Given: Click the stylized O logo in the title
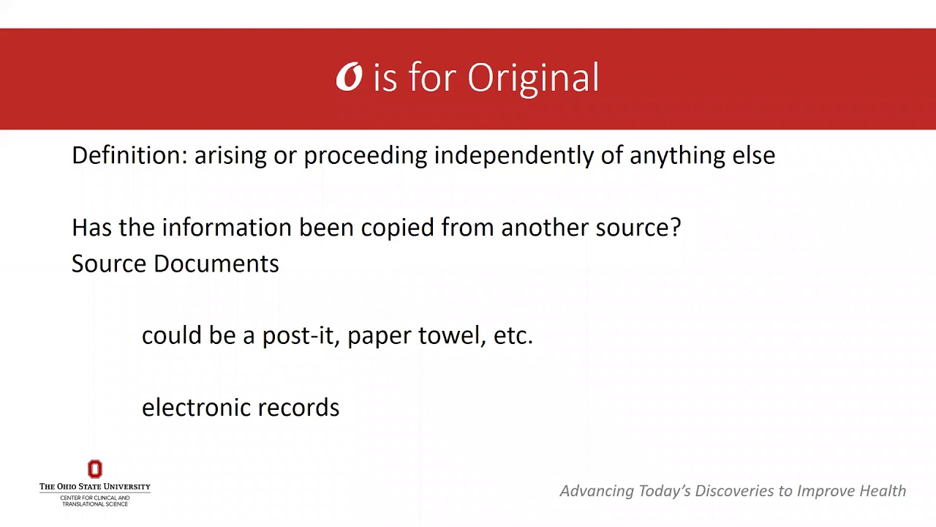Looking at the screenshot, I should coord(350,78).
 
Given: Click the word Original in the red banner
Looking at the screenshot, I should coord(533,78).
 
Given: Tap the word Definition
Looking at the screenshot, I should coord(129,155).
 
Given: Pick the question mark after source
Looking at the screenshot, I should coord(675,228).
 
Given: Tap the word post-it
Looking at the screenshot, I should coord(298,335).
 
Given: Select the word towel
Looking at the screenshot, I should coord(451,335).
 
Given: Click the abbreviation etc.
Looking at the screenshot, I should coord(513,335).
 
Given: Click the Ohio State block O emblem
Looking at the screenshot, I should coord(95,469).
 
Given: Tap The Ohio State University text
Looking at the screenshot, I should coord(95,487).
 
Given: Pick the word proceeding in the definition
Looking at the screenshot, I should coord(365,155).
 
